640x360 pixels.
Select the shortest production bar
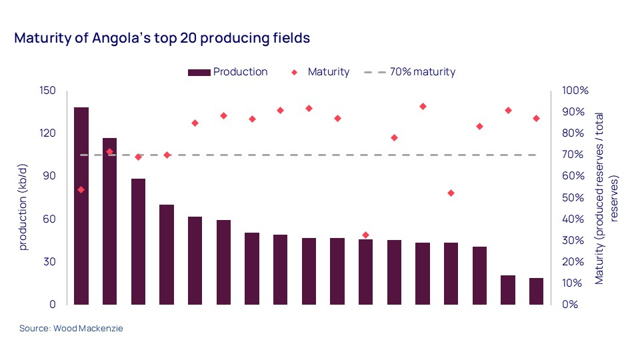(x=536, y=291)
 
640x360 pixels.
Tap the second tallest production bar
(x=109, y=221)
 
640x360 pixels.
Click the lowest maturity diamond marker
(x=365, y=235)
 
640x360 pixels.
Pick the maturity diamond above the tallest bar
(x=81, y=190)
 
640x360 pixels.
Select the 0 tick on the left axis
(x=53, y=305)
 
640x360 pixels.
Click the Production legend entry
(x=240, y=72)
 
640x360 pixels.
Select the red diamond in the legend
(x=295, y=72)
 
